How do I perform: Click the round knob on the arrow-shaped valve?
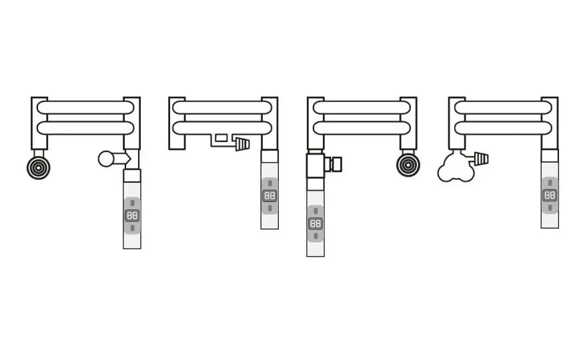click(x=106, y=159)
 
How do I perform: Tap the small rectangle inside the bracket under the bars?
click(x=221, y=138)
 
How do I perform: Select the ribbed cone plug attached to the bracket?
click(x=242, y=144)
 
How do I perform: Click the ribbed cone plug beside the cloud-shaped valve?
click(x=481, y=159)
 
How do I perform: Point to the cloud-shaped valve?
click(x=456, y=167)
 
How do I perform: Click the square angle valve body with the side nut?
click(x=316, y=165)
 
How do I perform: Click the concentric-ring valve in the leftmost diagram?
click(x=39, y=167)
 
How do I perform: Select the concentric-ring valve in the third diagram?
click(x=408, y=165)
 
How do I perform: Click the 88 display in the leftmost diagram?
click(x=132, y=215)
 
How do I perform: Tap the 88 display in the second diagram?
click(x=269, y=196)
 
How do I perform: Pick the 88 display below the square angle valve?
click(x=316, y=224)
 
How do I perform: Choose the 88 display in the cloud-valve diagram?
click(x=550, y=195)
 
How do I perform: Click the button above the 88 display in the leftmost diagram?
click(x=132, y=203)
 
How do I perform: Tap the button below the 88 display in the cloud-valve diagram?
click(x=550, y=207)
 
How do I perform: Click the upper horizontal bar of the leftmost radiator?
click(x=85, y=107)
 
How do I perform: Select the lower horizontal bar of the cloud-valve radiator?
click(x=503, y=128)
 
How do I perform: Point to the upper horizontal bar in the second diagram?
click(x=222, y=107)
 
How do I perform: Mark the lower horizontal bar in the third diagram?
click(x=362, y=128)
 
